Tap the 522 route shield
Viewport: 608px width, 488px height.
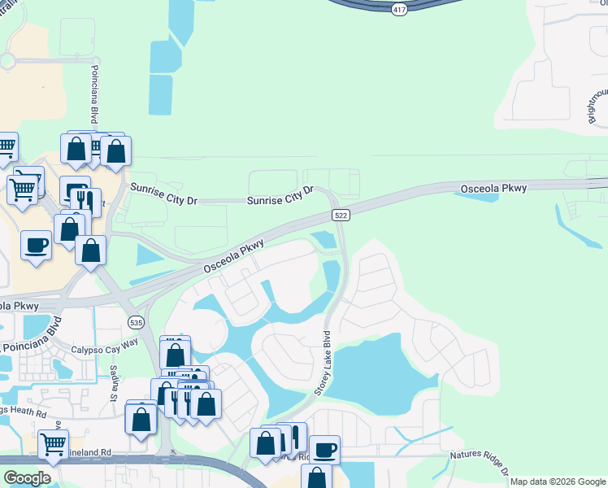click(x=341, y=214)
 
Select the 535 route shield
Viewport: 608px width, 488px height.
click(x=137, y=322)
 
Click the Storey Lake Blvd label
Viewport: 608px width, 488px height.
click(x=324, y=362)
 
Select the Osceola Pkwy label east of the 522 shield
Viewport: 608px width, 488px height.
click(x=493, y=189)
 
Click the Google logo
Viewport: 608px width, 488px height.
click(x=28, y=478)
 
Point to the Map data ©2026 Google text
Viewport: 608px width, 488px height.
click(x=558, y=481)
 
